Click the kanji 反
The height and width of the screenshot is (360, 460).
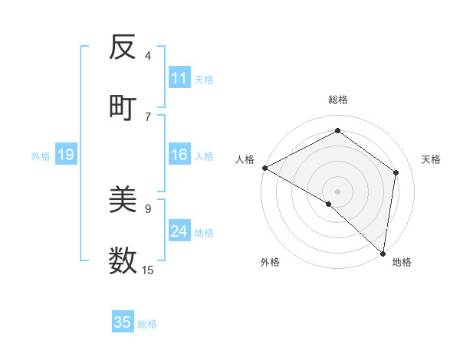click(x=123, y=48)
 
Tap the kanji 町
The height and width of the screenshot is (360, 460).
click(x=123, y=107)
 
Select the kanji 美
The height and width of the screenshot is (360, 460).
click(x=123, y=201)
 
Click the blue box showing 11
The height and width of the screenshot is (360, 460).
click(x=179, y=78)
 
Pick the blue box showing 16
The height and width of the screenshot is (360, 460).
click(x=179, y=155)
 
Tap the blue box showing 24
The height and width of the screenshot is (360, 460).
click(x=179, y=231)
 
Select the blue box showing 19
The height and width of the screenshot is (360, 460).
click(x=65, y=155)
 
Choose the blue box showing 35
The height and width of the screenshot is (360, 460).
click(x=123, y=322)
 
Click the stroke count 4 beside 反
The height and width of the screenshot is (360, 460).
click(x=148, y=56)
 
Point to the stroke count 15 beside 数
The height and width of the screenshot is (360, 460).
click(x=148, y=270)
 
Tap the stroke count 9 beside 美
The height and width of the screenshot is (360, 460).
click(x=148, y=208)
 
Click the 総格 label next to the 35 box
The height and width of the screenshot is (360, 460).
click(x=147, y=324)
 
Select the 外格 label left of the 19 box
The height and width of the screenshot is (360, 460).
click(x=41, y=156)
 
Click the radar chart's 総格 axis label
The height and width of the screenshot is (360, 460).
click(x=337, y=100)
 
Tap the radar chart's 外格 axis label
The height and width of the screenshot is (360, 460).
click(x=270, y=262)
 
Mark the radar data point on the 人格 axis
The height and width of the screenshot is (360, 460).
click(x=264, y=168)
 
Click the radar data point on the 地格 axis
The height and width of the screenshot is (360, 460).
click(x=383, y=253)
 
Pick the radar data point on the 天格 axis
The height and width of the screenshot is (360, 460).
click(x=396, y=172)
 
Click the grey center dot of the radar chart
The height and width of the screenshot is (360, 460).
click(x=337, y=191)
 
